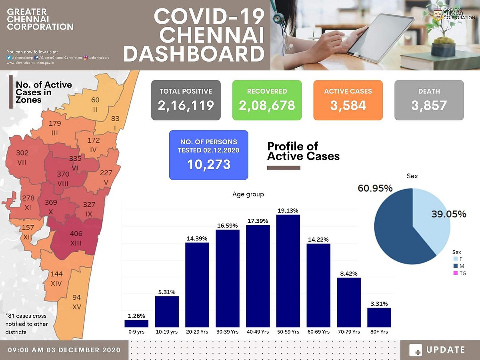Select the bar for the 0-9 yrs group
coord(136,323)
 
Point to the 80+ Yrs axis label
coord(379,332)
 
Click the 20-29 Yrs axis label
coord(197,332)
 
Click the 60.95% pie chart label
coord(374,188)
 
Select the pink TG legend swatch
coord(455,274)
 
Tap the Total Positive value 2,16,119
coord(186,106)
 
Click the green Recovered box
coord(267,100)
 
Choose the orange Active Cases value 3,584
coord(348,106)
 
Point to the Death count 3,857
coord(429,106)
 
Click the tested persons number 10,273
coord(208,164)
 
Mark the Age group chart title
coord(248,194)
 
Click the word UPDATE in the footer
coord(446,350)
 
